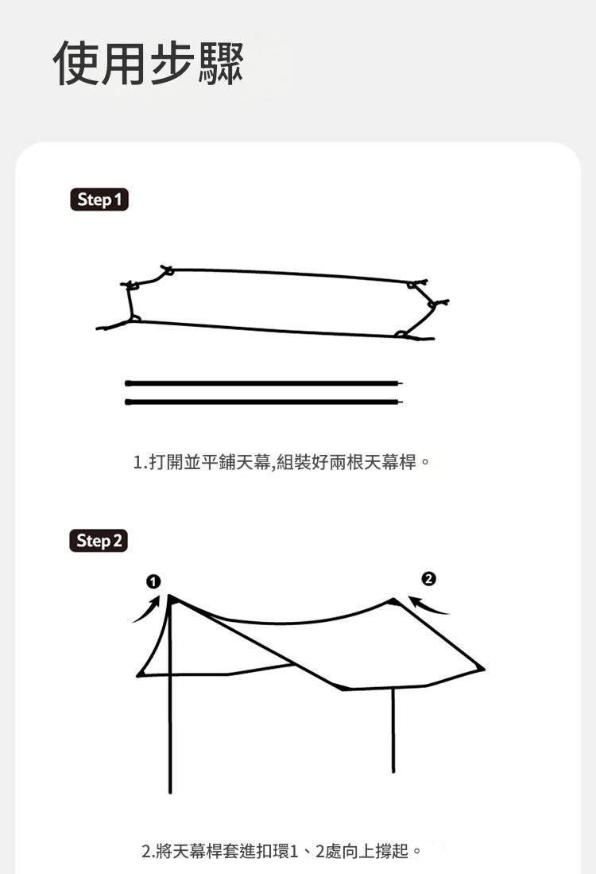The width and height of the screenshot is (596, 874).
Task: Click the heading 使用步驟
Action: pyautogui.click(x=149, y=63)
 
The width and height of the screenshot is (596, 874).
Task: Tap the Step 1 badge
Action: pyautogui.click(x=99, y=200)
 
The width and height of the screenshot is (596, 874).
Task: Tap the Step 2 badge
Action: pyautogui.click(x=99, y=541)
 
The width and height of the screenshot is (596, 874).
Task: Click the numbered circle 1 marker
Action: pyautogui.click(x=153, y=581)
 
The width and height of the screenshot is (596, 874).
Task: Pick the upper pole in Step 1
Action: pyautogui.click(x=263, y=383)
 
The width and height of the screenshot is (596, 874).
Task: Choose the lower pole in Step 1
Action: pyautogui.click(x=263, y=402)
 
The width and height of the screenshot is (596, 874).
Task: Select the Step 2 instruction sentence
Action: pyautogui.click(x=281, y=851)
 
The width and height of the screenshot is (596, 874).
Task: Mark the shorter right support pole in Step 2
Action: pyautogui.click(x=393, y=730)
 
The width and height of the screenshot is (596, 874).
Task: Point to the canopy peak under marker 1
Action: pyautogui.click(x=170, y=596)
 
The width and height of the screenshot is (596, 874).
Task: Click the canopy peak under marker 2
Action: pyautogui.click(x=394, y=600)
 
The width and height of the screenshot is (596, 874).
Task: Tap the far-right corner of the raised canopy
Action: pyautogui.click(x=483, y=668)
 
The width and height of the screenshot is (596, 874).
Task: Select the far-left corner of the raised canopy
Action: pyautogui.click(x=138, y=675)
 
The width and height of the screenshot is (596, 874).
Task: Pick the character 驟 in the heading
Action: pyautogui.click(x=221, y=63)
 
